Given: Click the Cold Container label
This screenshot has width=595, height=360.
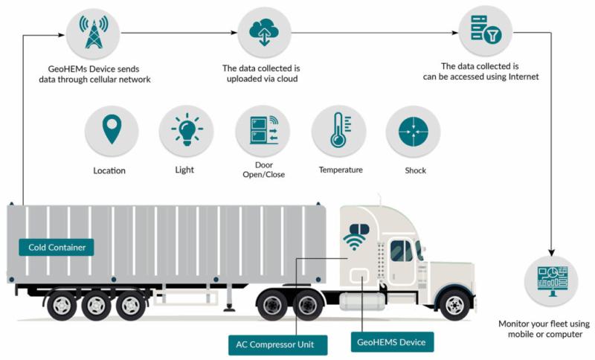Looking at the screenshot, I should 57,247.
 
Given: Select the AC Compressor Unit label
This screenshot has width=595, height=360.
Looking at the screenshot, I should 277,344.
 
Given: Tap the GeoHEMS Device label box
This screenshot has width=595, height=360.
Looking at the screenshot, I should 391,342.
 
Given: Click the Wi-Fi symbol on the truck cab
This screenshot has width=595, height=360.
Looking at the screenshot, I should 355,237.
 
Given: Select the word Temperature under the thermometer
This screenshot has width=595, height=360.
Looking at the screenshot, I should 341,170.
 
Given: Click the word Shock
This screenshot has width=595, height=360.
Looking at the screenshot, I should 415,170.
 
